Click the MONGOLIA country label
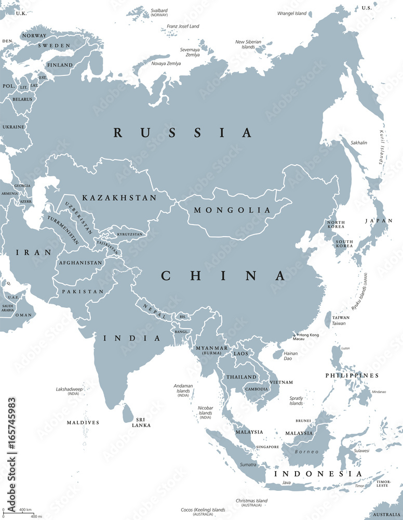(232, 211)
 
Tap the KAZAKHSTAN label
(119, 198)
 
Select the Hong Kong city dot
(298, 335)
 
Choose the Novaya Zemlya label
(166, 63)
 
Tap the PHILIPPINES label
(352, 375)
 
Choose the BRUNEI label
(304, 421)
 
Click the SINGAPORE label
(267, 447)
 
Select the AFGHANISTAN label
(80, 263)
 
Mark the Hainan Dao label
(291, 356)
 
